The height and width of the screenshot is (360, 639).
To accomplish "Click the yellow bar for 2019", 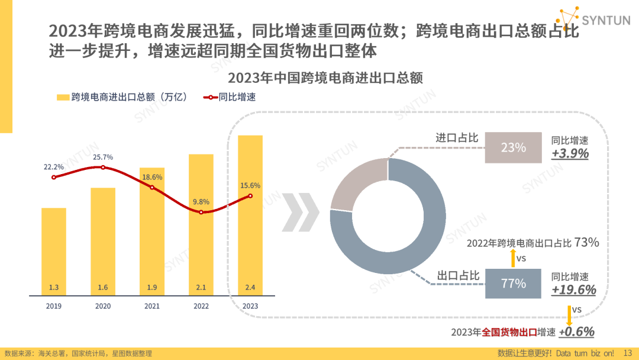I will (x=53, y=249).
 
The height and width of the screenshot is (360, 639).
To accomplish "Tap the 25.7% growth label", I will (x=103, y=157).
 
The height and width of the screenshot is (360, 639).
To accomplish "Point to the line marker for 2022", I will (x=201, y=212).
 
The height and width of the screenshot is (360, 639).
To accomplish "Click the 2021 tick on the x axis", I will (x=152, y=306).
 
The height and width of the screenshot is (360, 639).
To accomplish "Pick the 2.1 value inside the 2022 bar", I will (x=201, y=288).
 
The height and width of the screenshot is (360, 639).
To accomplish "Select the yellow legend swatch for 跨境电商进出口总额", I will (x=63, y=97).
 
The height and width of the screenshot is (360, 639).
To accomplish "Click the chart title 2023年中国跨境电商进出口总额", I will (x=325, y=78).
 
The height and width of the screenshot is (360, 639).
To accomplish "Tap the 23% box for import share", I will (x=513, y=147).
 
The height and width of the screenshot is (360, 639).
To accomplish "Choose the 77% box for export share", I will (x=513, y=284).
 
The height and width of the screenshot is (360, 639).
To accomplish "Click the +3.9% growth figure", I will (x=570, y=153).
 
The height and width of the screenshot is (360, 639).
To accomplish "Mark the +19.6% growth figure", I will (x=573, y=290).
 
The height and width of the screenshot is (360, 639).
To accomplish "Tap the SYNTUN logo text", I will (x=606, y=20).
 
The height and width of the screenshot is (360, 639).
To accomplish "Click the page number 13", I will (x=628, y=353).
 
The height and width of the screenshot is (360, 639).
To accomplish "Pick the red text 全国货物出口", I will (x=509, y=332).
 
